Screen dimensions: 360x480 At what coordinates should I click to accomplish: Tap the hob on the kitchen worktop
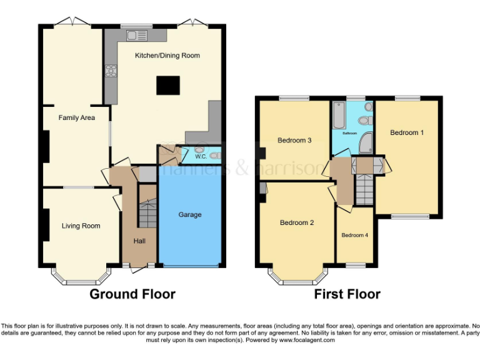pyautogui.click(x=111, y=71)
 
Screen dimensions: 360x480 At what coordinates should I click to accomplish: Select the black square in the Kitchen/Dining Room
pyautogui.click(x=167, y=85)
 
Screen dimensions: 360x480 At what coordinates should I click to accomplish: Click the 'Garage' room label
pyautogui.click(x=190, y=214)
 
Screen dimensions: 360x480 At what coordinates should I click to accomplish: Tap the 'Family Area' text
pyautogui.click(x=77, y=117)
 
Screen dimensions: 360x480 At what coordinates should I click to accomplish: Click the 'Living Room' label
pyautogui.click(x=81, y=226)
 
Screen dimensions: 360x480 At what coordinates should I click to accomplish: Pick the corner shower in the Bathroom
pyautogui.click(x=365, y=143)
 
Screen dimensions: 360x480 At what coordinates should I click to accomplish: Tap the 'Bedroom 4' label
pyautogui.click(x=354, y=235)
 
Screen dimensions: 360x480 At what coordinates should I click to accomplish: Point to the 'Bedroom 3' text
pyautogui.click(x=294, y=140)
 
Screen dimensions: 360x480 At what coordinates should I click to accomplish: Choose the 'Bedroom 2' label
pyautogui.click(x=296, y=222)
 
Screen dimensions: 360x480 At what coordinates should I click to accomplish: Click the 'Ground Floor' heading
pyautogui.click(x=132, y=294)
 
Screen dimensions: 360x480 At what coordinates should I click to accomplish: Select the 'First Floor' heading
pyautogui.click(x=347, y=294)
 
